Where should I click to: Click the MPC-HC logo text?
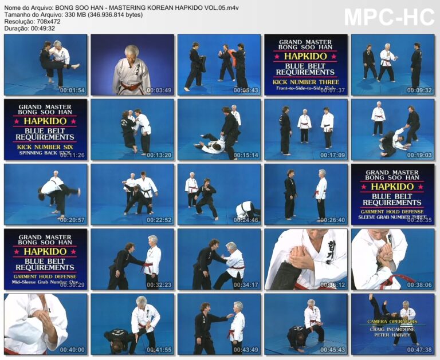[389, 18]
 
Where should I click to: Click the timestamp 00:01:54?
[73, 90]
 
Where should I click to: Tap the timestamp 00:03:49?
[159, 90]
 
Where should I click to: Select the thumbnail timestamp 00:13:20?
[159, 155]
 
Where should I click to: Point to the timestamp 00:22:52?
[159, 220]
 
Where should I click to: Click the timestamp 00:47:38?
[419, 350]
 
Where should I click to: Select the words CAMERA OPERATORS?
[392, 322]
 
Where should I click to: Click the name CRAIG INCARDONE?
[392, 329]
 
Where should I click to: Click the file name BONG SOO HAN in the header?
[80, 7]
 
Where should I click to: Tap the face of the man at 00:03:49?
[132, 53]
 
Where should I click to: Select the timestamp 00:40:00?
[73, 350]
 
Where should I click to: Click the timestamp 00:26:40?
[333, 220]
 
